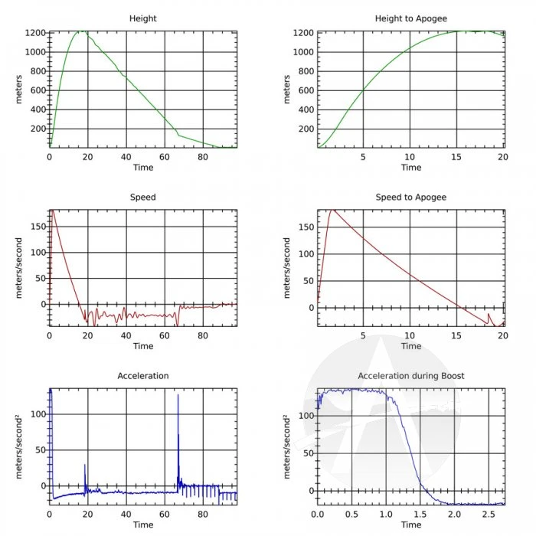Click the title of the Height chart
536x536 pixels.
pos(143,18)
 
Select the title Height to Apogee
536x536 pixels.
pos(411,18)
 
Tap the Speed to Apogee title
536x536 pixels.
pos(411,197)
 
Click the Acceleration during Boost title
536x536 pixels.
pos(411,376)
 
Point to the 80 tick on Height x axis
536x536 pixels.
pos(202,157)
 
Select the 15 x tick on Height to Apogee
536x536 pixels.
pos(457,157)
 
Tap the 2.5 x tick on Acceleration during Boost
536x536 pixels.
pos(489,515)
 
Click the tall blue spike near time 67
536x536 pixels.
pos(178,396)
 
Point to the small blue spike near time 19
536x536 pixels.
pos(85,465)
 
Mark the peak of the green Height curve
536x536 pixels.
pos(80,31)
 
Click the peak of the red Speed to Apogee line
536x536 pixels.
pos(333,209)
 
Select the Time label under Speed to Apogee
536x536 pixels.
pos(411,346)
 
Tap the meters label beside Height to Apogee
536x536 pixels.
pos(287,90)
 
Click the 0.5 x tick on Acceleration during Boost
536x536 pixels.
pos(352,515)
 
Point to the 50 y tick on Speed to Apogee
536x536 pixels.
pos(308,281)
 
